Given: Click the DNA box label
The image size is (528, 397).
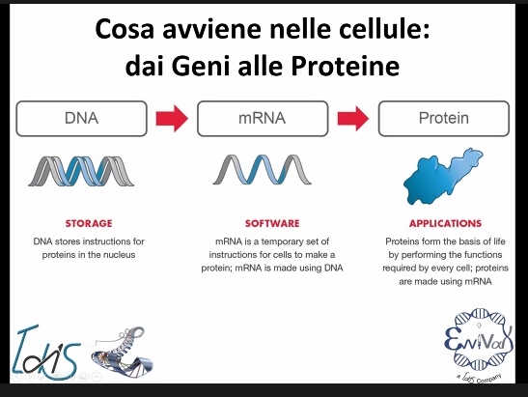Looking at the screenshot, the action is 81,118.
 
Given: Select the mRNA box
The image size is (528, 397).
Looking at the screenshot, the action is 263,118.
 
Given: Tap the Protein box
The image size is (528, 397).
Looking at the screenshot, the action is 444,118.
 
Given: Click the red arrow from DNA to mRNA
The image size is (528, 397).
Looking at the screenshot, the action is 172,118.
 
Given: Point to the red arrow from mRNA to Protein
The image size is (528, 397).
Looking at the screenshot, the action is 353,118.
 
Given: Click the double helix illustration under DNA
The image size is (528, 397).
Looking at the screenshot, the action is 81,171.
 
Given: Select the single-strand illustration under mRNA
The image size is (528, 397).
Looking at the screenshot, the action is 262,169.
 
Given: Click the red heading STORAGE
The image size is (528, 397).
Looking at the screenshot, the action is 89,223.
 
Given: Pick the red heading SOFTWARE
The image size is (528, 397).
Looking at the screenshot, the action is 272,223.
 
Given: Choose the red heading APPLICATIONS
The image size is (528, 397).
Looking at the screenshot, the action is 445,223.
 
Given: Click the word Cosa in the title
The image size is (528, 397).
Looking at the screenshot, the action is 125,29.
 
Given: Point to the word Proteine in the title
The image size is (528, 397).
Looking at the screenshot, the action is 346,66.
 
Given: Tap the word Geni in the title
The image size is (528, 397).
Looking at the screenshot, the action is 201,66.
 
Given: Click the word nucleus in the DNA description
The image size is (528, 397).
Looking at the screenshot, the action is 119,255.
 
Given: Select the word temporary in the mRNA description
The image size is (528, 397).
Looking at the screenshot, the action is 284,242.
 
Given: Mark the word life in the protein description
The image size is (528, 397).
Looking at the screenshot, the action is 498,241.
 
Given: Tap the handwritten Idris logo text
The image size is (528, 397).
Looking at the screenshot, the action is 45,353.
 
